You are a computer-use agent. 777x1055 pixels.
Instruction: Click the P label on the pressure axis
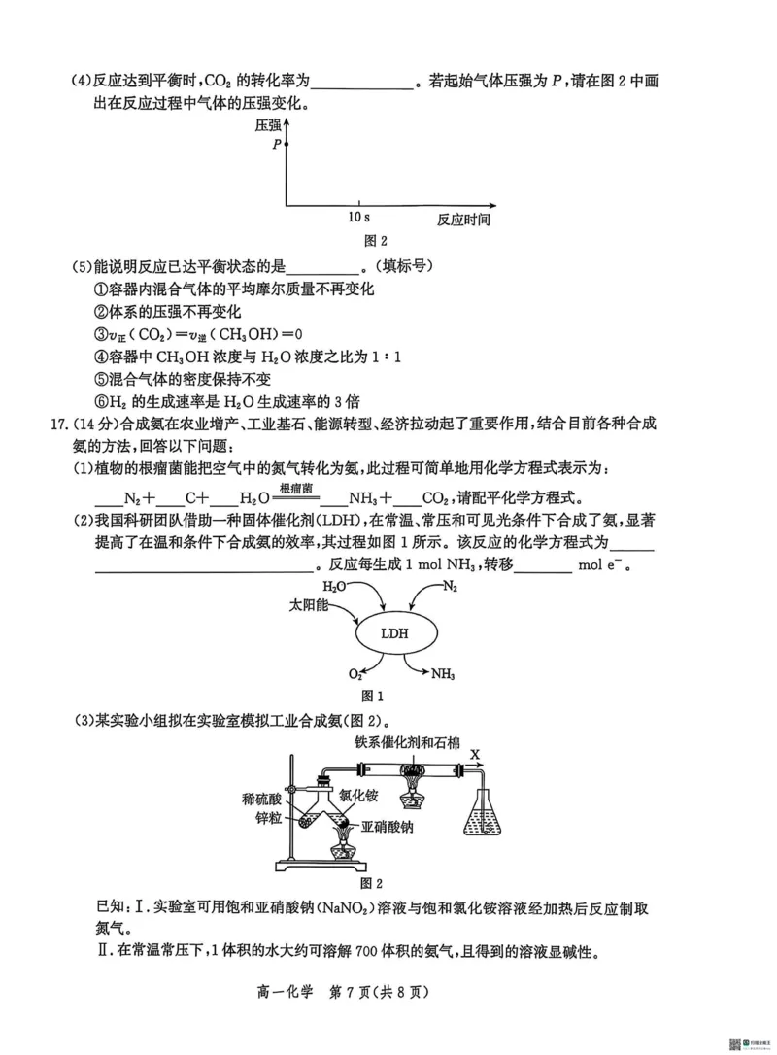point(277,144)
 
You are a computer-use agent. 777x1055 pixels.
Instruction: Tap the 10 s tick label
point(358,218)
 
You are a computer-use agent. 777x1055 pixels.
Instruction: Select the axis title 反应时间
point(463,220)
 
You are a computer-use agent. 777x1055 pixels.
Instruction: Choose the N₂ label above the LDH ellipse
point(450,587)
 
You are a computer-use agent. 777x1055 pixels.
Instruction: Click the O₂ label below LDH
point(355,673)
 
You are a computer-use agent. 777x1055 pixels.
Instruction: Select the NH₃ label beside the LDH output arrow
point(443,673)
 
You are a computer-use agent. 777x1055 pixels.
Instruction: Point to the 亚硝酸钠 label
point(388,827)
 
